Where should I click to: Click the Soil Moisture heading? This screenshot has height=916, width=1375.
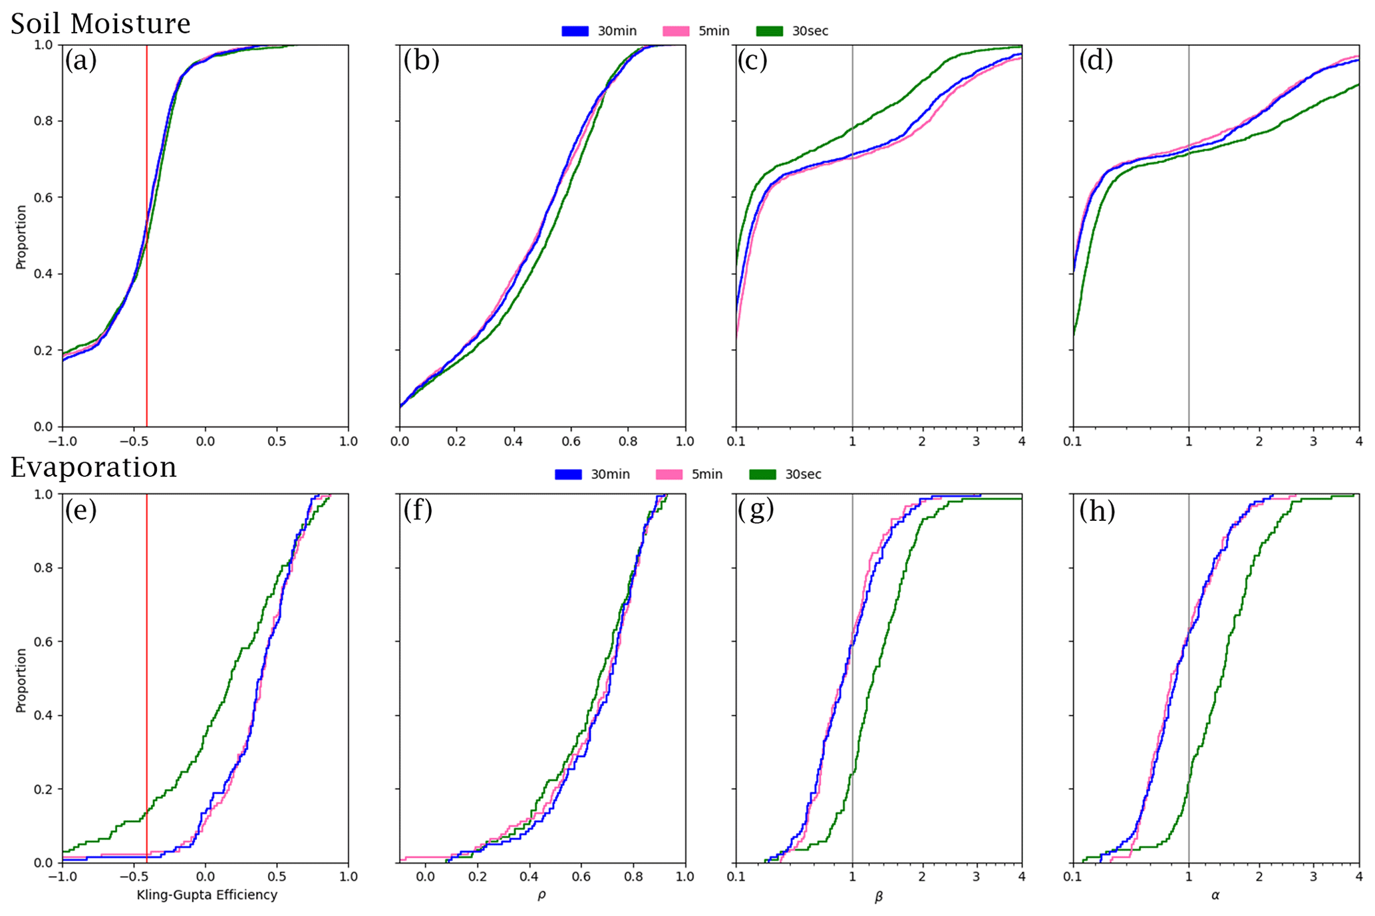click(100, 23)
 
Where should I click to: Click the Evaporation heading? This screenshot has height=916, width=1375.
click(93, 467)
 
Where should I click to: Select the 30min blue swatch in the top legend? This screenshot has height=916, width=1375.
click(575, 31)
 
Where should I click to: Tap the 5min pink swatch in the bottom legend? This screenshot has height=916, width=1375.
click(669, 474)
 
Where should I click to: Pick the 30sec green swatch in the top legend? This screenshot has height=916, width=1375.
click(770, 31)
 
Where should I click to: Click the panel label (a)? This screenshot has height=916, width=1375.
click(80, 61)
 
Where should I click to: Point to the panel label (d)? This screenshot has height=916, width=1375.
click(1096, 61)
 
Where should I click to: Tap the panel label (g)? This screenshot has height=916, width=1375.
click(756, 510)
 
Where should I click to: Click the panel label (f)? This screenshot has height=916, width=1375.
click(418, 510)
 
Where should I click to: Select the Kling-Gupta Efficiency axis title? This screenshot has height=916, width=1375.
click(207, 895)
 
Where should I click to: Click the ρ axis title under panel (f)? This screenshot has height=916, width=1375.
click(541, 895)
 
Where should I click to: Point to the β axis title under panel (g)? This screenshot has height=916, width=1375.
click(878, 896)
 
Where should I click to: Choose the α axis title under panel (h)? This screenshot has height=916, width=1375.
click(1215, 895)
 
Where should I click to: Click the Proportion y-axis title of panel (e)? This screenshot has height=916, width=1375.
click(21, 680)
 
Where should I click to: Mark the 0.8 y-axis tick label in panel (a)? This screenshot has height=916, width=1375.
click(43, 121)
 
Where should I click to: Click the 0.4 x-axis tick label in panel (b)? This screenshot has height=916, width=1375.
click(513, 441)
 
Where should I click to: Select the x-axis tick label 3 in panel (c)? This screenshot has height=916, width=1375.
click(976, 441)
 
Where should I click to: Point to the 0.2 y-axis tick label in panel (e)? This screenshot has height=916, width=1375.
click(43, 789)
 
